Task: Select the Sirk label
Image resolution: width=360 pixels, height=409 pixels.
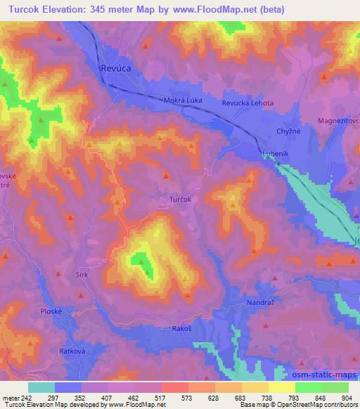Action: (x=82, y=276)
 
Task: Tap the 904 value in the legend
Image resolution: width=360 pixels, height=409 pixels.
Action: (x=342, y=397)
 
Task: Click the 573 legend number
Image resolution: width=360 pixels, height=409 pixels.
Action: (x=186, y=397)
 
